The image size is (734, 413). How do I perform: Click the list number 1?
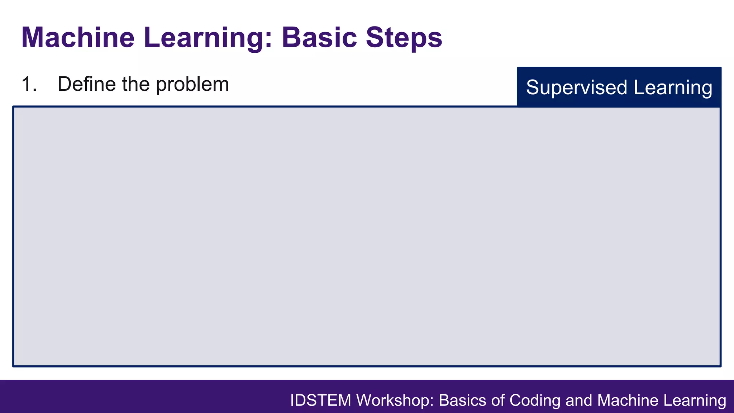(x=29, y=84)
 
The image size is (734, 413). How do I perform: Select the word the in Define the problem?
(x=136, y=84)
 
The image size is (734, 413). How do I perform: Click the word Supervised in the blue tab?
(x=577, y=87)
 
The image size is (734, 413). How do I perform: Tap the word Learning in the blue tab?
(x=673, y=87)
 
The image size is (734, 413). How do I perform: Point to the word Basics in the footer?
(x=463, y=400)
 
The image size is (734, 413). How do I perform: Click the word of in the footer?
(x=499, y=400)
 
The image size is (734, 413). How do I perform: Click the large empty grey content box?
(x=366, y=237)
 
